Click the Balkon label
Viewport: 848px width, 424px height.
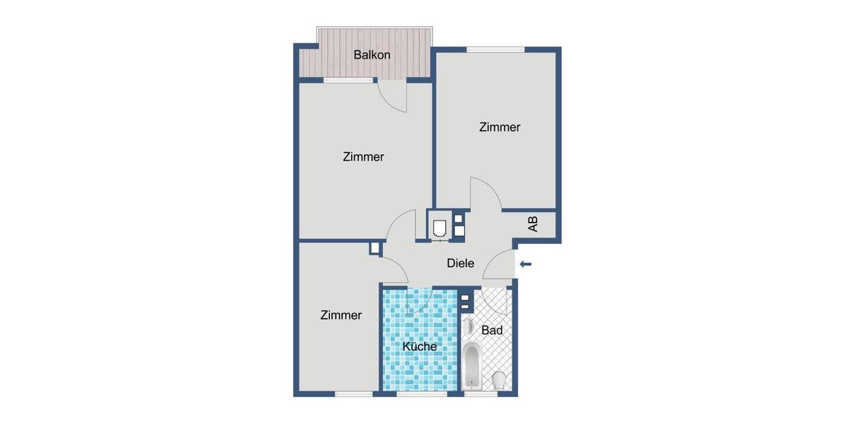point(372,54)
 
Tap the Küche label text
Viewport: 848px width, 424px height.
point(419,346)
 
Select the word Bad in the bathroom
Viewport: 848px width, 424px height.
point(492,330)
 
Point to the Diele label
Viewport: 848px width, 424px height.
point(460,264)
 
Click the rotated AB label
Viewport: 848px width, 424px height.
point(533,224)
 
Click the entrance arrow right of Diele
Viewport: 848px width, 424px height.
point(525,264)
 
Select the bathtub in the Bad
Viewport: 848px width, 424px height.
point(471,365)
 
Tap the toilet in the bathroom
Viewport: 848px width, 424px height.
point(499,379)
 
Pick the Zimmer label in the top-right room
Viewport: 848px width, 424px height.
point(500,127)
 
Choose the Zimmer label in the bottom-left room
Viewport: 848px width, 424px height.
point(341,315)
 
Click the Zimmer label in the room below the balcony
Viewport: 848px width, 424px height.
point(363,157)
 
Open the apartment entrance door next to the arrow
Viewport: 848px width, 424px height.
point(502,265)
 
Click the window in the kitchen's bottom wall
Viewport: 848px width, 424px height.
point(417,394)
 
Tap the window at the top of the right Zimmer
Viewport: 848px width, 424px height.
point(495,49)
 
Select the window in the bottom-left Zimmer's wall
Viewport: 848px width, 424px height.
point(353,394)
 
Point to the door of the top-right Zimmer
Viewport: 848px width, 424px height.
point(485,196)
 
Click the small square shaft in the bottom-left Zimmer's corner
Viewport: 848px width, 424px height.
point(375,248)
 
